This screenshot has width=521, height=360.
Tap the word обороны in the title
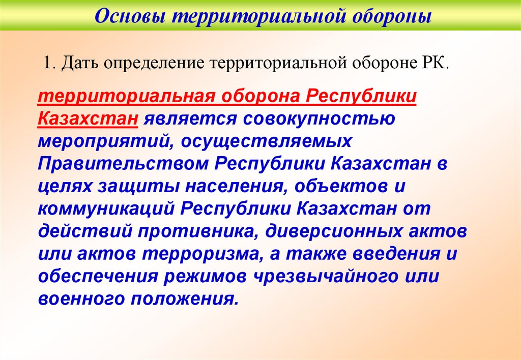[x=391, y=17]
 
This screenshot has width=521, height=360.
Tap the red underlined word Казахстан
[x=88, y=119]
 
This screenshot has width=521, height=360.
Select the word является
[x=187, y=119]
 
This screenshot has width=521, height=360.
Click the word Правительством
[x=122, y=164]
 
